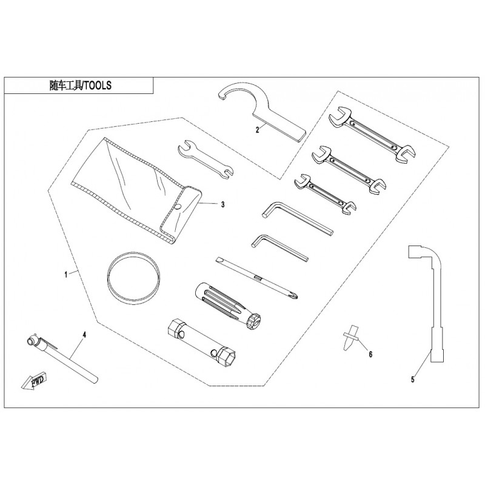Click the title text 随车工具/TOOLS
81,85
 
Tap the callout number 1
65,275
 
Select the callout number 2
257,130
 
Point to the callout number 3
222,204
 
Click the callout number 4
84,335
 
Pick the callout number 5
413,380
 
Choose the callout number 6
370,354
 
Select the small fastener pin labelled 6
350,337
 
